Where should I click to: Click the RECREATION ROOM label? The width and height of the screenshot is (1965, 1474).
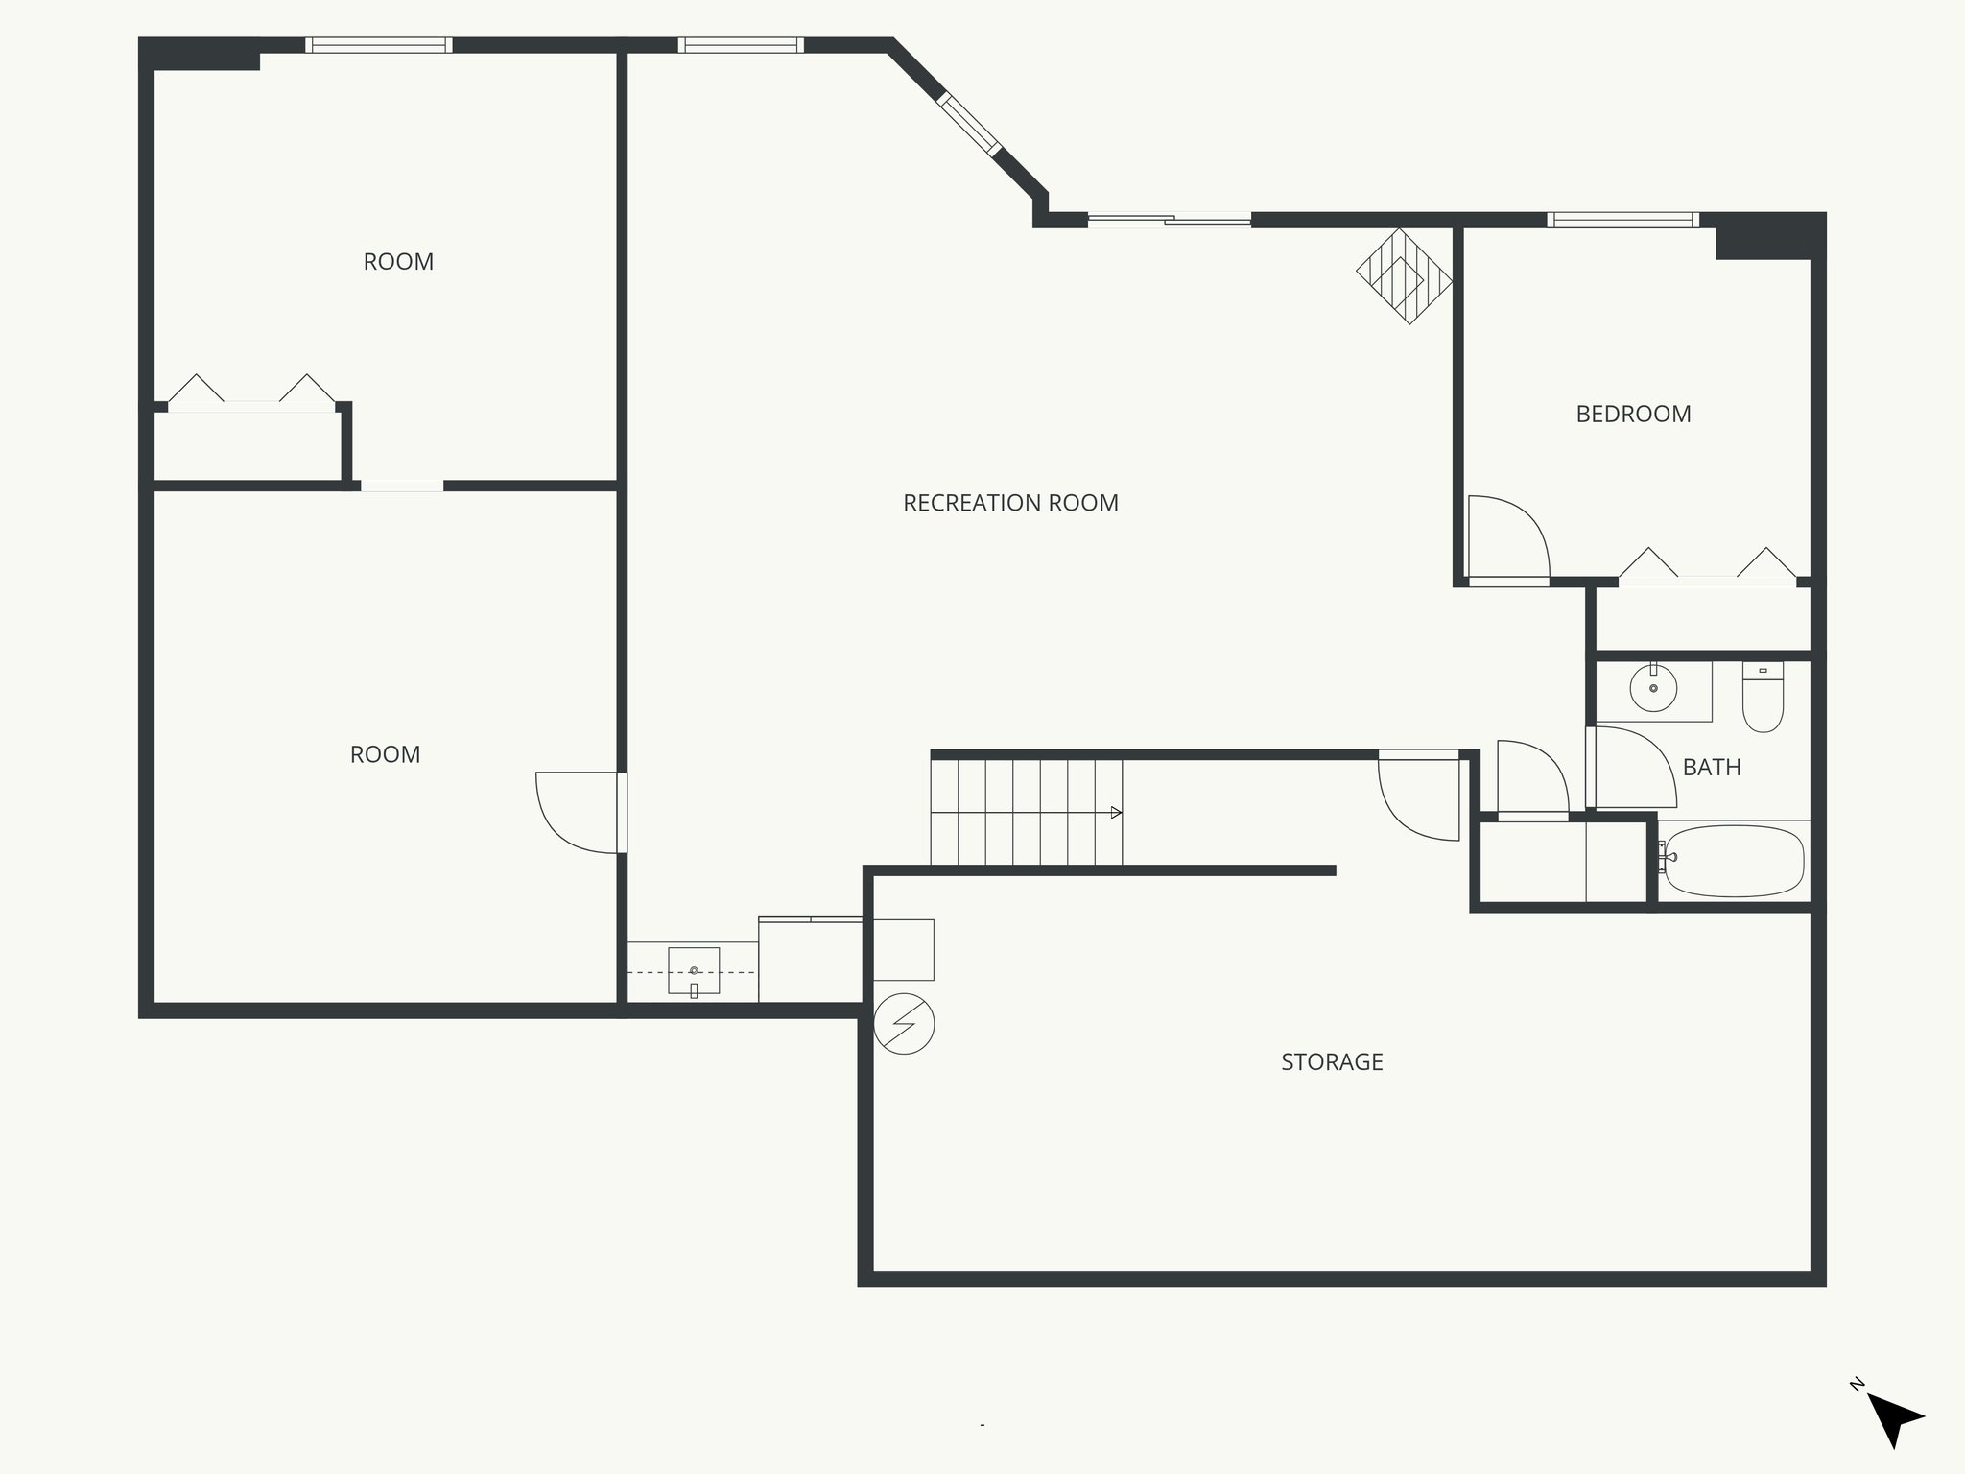[1010, 503]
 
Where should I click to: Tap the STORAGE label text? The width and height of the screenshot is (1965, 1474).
[1332, 1062]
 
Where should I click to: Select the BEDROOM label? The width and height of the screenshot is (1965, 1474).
[1633, 415]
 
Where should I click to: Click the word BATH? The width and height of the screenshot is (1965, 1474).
[1712, 768]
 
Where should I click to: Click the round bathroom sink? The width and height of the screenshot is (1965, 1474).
[1653, 688]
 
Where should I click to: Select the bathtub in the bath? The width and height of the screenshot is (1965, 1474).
[1733, 860]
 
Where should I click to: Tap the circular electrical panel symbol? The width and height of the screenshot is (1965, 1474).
[904, 1024]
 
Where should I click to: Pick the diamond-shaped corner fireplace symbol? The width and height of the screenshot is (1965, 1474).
[1404, 275]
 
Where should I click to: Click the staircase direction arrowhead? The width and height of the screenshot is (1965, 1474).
[1116, 813]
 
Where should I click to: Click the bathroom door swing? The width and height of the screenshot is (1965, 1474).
[1633, 768]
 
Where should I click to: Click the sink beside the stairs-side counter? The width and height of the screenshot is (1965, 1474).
[694, 971]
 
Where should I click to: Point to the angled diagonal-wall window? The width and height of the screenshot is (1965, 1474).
[969, 122]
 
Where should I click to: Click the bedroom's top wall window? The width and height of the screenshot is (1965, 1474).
[1622, 221]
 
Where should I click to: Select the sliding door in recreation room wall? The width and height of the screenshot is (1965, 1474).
[1169, 221]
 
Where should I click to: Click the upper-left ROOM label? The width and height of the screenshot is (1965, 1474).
[398, 262]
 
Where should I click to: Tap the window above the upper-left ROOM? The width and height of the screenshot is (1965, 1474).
[378, 45]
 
